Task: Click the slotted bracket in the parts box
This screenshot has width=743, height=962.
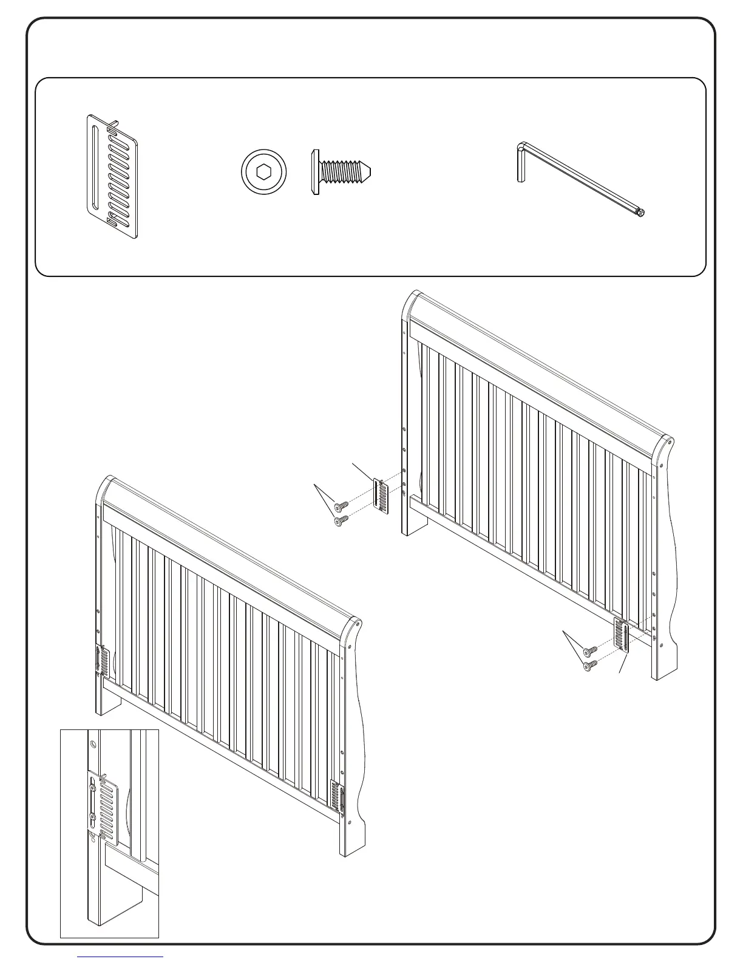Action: pyautogui.click(x=110, y=176)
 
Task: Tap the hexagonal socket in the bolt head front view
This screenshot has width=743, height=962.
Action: pyautogui.click(x=263, y=172)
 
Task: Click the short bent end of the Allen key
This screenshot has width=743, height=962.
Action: pyautogui.click(x=520, y=162)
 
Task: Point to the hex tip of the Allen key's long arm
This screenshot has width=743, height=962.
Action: pyautogui.click(x=640, y=213)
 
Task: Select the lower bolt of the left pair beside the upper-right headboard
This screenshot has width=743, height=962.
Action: pyautogui.click(x=341, y=519)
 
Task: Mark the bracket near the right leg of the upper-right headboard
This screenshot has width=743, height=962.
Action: pyautogui.click(x=622, y=635)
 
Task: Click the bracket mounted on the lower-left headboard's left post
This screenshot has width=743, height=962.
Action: pyautogui.click(x=101, y=661)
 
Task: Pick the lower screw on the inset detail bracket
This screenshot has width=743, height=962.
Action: pyautogui.click(x=92, y=817)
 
